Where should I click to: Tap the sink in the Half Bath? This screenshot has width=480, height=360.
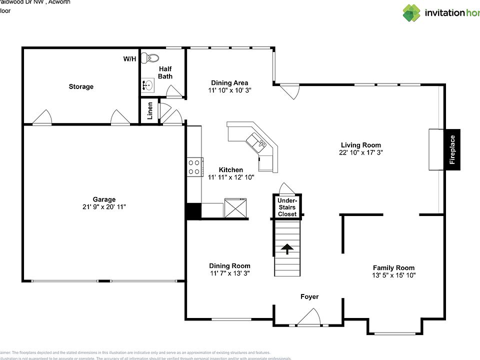(148, 85)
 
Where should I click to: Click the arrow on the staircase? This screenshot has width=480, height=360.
(287, 248)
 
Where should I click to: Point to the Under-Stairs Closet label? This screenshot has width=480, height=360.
(287, 207)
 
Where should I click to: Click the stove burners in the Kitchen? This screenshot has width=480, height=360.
(194, 166)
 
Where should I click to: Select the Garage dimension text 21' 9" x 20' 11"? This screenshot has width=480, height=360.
(104, 206)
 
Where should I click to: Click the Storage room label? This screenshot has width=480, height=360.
(81, 86)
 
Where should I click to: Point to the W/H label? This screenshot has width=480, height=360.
(129, 59)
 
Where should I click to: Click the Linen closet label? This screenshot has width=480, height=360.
(149, 111)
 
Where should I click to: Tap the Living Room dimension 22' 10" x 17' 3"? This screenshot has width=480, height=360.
(360, 152)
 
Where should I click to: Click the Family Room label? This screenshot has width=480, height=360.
(393, 267)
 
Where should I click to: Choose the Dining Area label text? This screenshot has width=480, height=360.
(229, 83)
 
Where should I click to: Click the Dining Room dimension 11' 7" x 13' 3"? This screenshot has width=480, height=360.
(229, 273)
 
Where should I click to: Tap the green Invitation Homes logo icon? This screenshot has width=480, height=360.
(411, 13)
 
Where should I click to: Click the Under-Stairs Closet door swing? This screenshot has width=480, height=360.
(287, 188)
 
